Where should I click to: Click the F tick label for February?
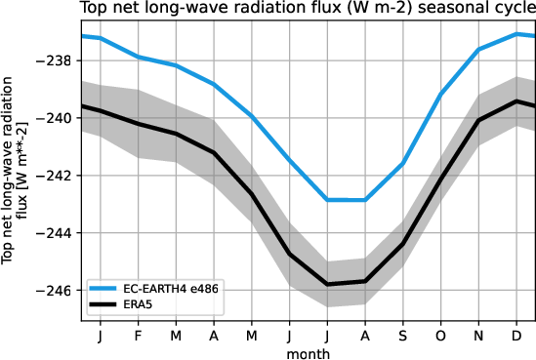pyautogui.click(x=138, y=336)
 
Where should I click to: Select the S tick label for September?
pyautogui.click(x=402, y=336)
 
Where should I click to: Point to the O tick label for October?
pyautogui.click(x=440, y=336)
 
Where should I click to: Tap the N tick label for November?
pyautogui.click(x=478, y=336)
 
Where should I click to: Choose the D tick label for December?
pyautogui.click(x=515, y=336)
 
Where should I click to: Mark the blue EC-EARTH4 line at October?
pyautogui.click(x=440, y=95)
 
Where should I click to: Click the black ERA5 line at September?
pyautogui.click(x=402, y=244)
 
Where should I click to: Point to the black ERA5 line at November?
pyautogui.click(x=478, y=120)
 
